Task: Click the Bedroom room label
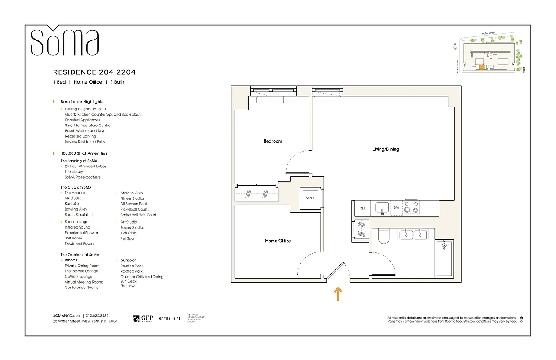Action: tap(273, 141)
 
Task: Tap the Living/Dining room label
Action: tap(385, 149)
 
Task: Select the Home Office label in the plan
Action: tap(278, 241)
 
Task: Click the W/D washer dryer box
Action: tap(310, 198)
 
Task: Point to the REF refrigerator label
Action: tap(363, 208)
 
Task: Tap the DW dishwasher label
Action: tap(396, 208)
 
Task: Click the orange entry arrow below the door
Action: tap(338, 294)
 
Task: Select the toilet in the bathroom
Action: tap(383, 237)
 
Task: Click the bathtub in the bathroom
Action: tap(444, 259)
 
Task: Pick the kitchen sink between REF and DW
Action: tap(382, 207)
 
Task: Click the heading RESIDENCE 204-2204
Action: tap(94, 72)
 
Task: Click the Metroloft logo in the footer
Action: tap(170, 319)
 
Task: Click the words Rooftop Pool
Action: tap(131, 266)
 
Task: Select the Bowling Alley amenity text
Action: tap(76, 209)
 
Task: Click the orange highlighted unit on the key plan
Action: tap(481, 67)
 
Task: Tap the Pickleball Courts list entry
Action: tap(135, 209)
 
